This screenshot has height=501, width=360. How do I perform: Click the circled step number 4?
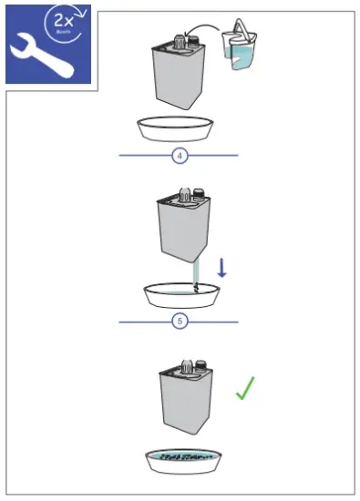click(180, 156)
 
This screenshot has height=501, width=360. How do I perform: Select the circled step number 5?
click(180, 322)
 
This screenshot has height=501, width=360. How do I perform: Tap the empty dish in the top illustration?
click(180, 128)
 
